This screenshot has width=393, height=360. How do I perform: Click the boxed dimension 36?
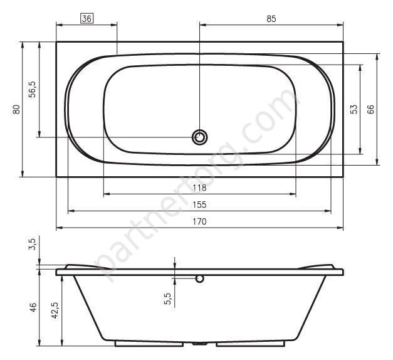click(x=86, y=19)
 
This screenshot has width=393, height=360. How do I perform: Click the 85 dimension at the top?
click(x=271, y=19)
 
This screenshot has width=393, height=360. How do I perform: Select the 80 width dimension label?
click(x=16, y=109)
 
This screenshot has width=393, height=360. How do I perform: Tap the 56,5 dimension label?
click(x=32, y=90)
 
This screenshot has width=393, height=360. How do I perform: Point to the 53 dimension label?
click(x=354, y=109)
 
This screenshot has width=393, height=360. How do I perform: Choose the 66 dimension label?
click(x=370, y=109)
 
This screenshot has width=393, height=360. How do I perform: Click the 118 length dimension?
click(x=199, y=188)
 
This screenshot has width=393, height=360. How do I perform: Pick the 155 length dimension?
click(x=199, y=204)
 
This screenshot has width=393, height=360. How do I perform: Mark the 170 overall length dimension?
click(x=199, y=221)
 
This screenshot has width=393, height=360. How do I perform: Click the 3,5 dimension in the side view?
click(x=33, y=244)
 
